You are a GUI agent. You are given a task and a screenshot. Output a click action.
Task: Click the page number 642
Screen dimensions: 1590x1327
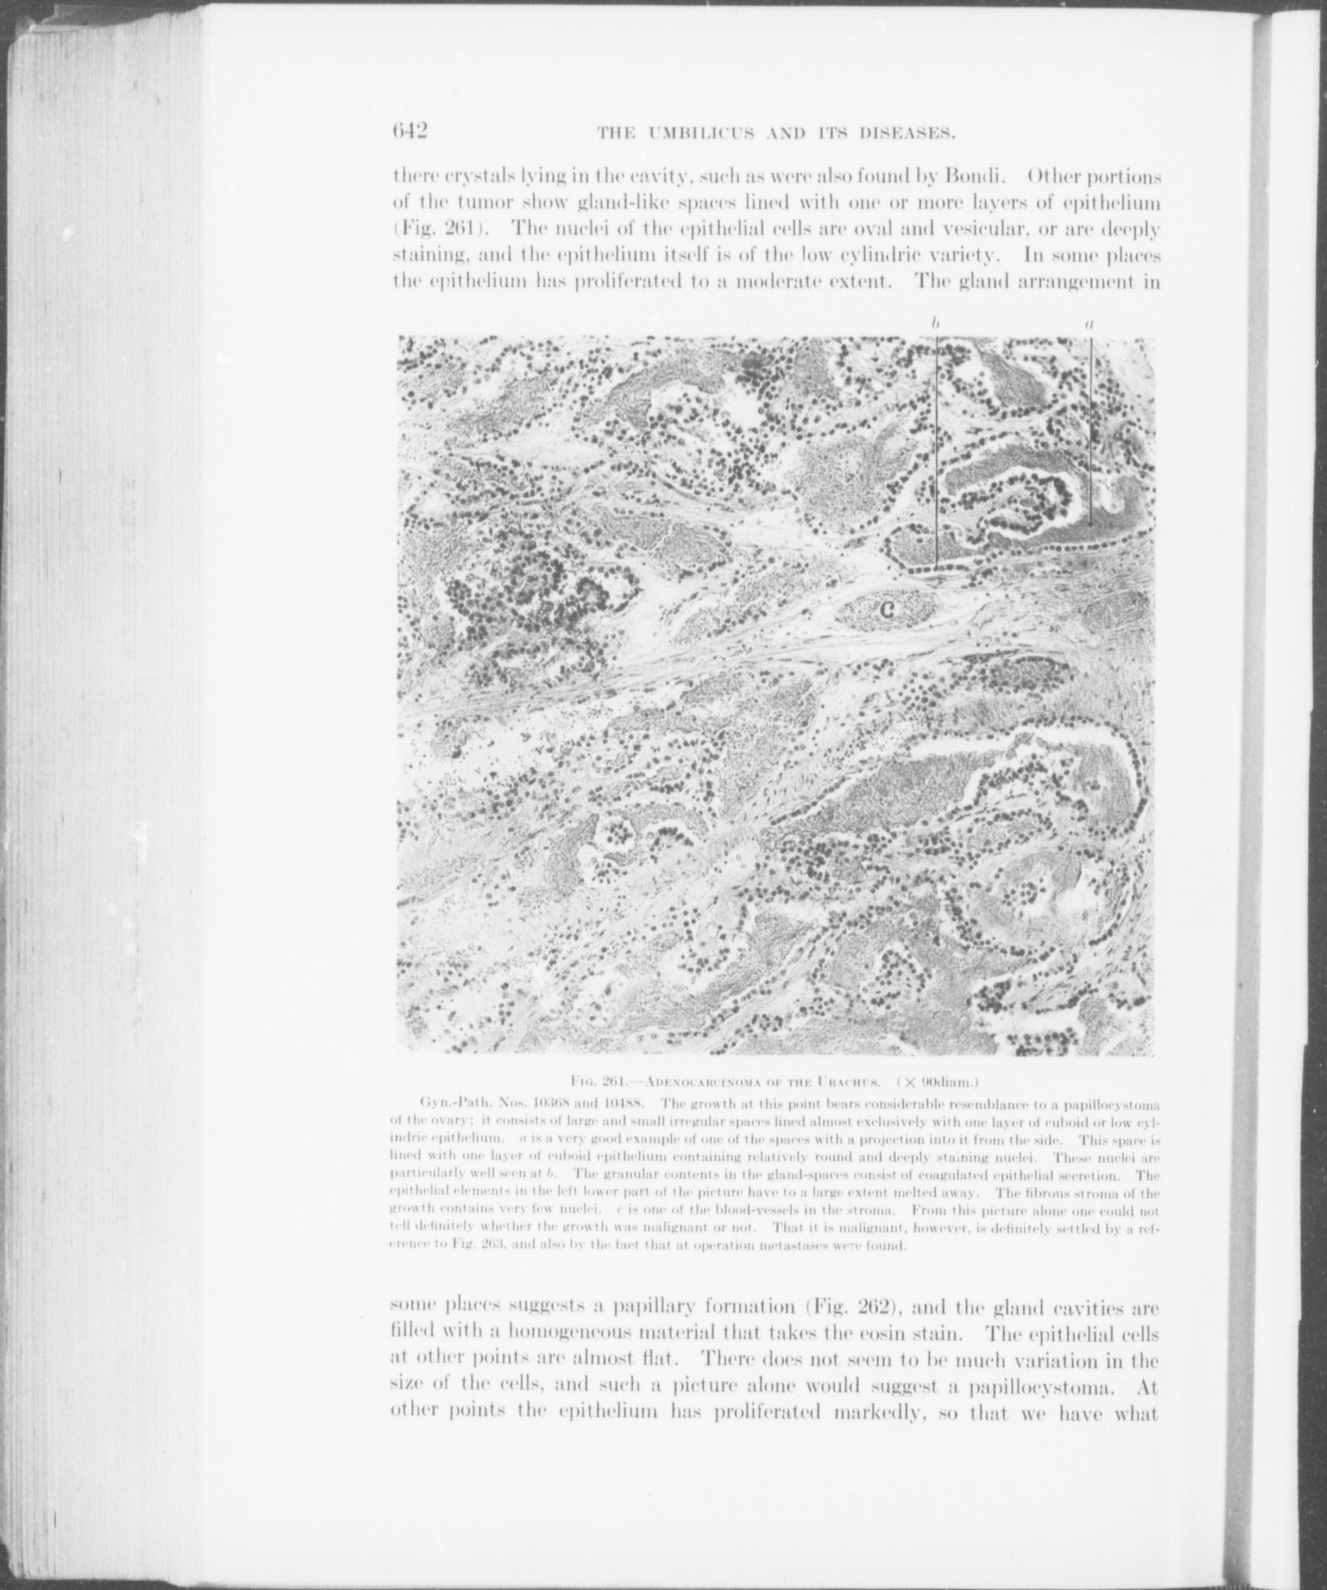(x=410, y=131)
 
